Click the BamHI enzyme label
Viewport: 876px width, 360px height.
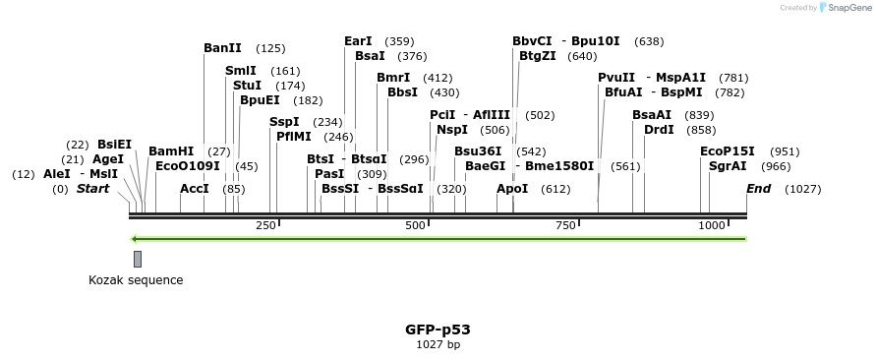(x=170, y=151)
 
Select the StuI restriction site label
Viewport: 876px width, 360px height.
(x=248, y=86)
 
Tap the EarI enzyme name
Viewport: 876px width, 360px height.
(x=358, y=41)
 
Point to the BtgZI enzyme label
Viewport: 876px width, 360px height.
(x=537, y=56)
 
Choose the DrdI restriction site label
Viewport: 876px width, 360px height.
(x=659, y=130)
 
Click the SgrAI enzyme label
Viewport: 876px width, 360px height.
(x=728, y=166)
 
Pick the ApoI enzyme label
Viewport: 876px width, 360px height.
(x=512, y=188)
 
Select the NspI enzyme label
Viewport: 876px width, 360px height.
(x=452, y=130)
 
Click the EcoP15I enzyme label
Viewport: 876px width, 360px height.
(x=728, y=151)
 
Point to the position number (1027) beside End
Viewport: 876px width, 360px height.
(x=802, y=188)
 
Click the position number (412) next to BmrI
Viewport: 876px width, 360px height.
(x=438, y=78)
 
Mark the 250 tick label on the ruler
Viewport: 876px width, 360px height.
(x=265, y=226)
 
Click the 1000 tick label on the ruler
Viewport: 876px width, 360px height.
(x=711, y=226)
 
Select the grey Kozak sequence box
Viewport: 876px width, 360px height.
(x=138, y=259)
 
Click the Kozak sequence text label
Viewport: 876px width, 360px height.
(x=136, y=280)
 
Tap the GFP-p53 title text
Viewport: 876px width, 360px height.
(x=438, y=330)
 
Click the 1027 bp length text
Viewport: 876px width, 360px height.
(x=438, y=345)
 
